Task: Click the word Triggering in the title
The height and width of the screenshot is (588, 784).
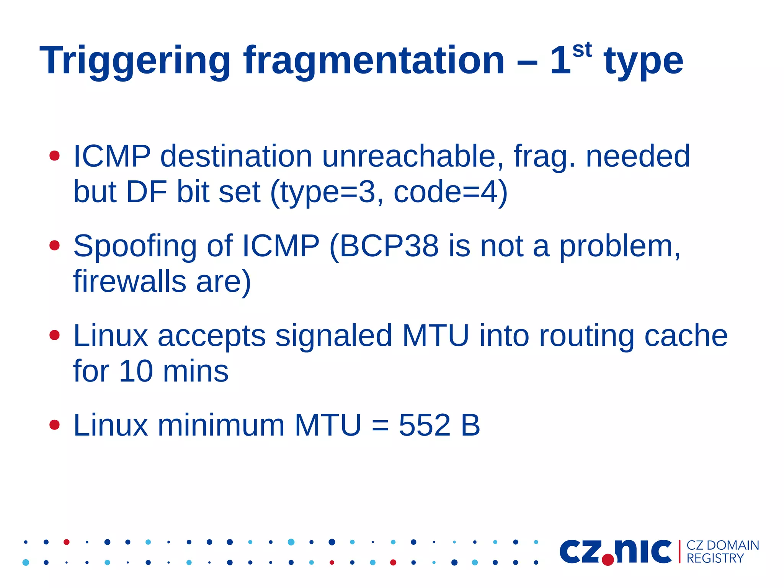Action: click(135, 61)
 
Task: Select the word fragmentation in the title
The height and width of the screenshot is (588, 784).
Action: click(374, 61)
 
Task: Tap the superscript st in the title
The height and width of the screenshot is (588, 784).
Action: click(582, 50)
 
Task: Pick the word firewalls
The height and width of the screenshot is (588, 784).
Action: click(129, 282)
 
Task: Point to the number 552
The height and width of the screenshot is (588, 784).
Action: click(424, 426)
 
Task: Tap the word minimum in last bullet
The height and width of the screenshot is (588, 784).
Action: click(221, 426)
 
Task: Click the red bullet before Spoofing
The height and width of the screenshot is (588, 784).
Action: click(55, 245)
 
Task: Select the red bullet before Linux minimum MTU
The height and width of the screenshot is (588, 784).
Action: click(55, 425)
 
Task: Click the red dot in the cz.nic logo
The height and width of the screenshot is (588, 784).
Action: click(608, 560)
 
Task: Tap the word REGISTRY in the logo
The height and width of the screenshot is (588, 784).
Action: click(715, 559)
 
